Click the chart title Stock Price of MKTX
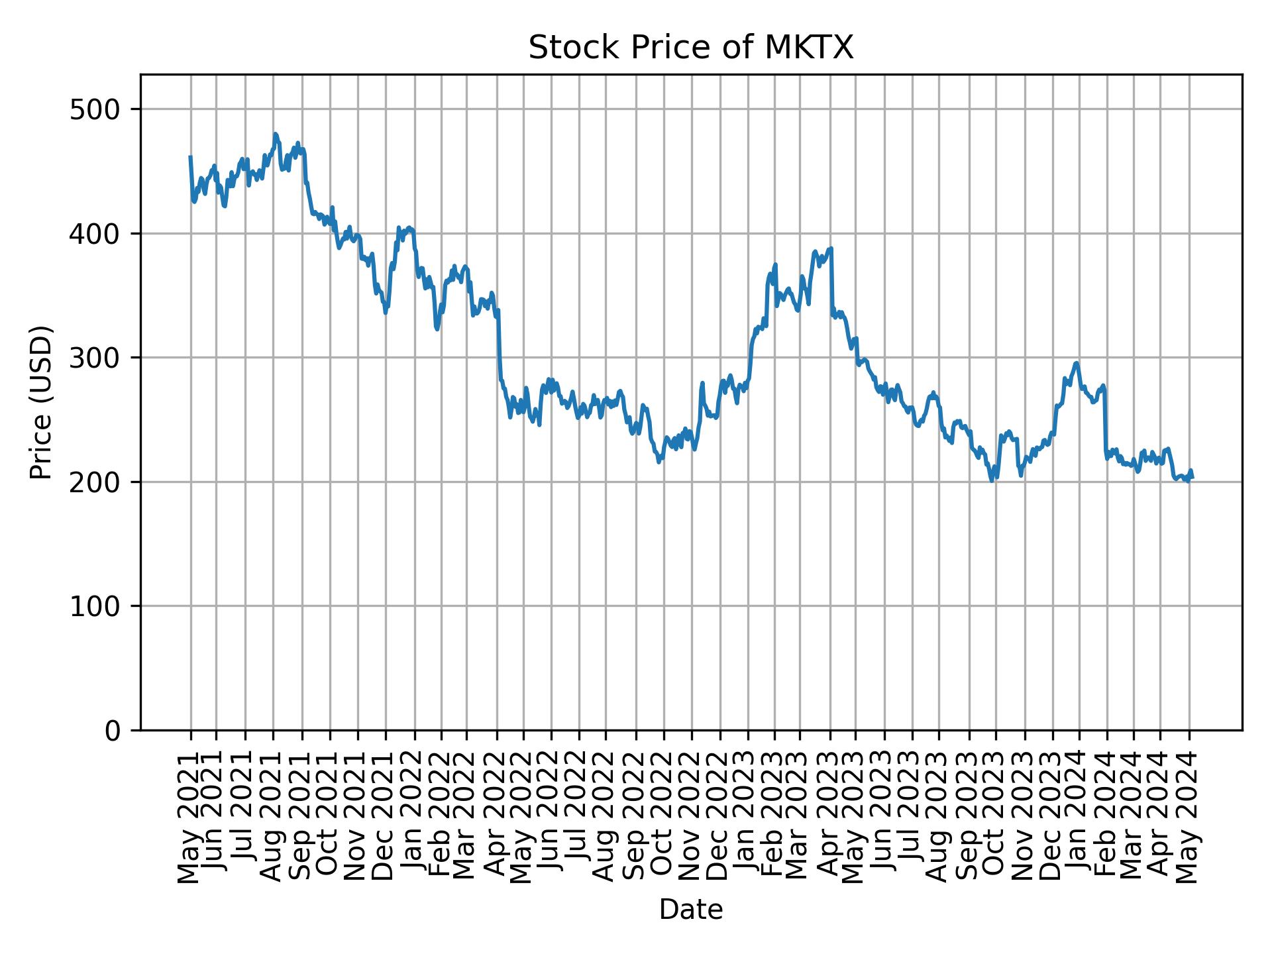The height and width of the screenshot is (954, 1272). coord(690,48)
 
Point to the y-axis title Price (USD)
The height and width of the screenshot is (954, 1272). coord(41,402)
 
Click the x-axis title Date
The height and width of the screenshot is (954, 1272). coord(690,910)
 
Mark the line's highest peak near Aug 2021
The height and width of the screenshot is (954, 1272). coord(276,134)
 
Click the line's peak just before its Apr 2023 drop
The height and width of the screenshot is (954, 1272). coord(831,248)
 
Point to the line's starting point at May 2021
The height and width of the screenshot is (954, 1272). coord(190,157)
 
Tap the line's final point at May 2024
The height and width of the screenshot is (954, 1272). coord(1192,478)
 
